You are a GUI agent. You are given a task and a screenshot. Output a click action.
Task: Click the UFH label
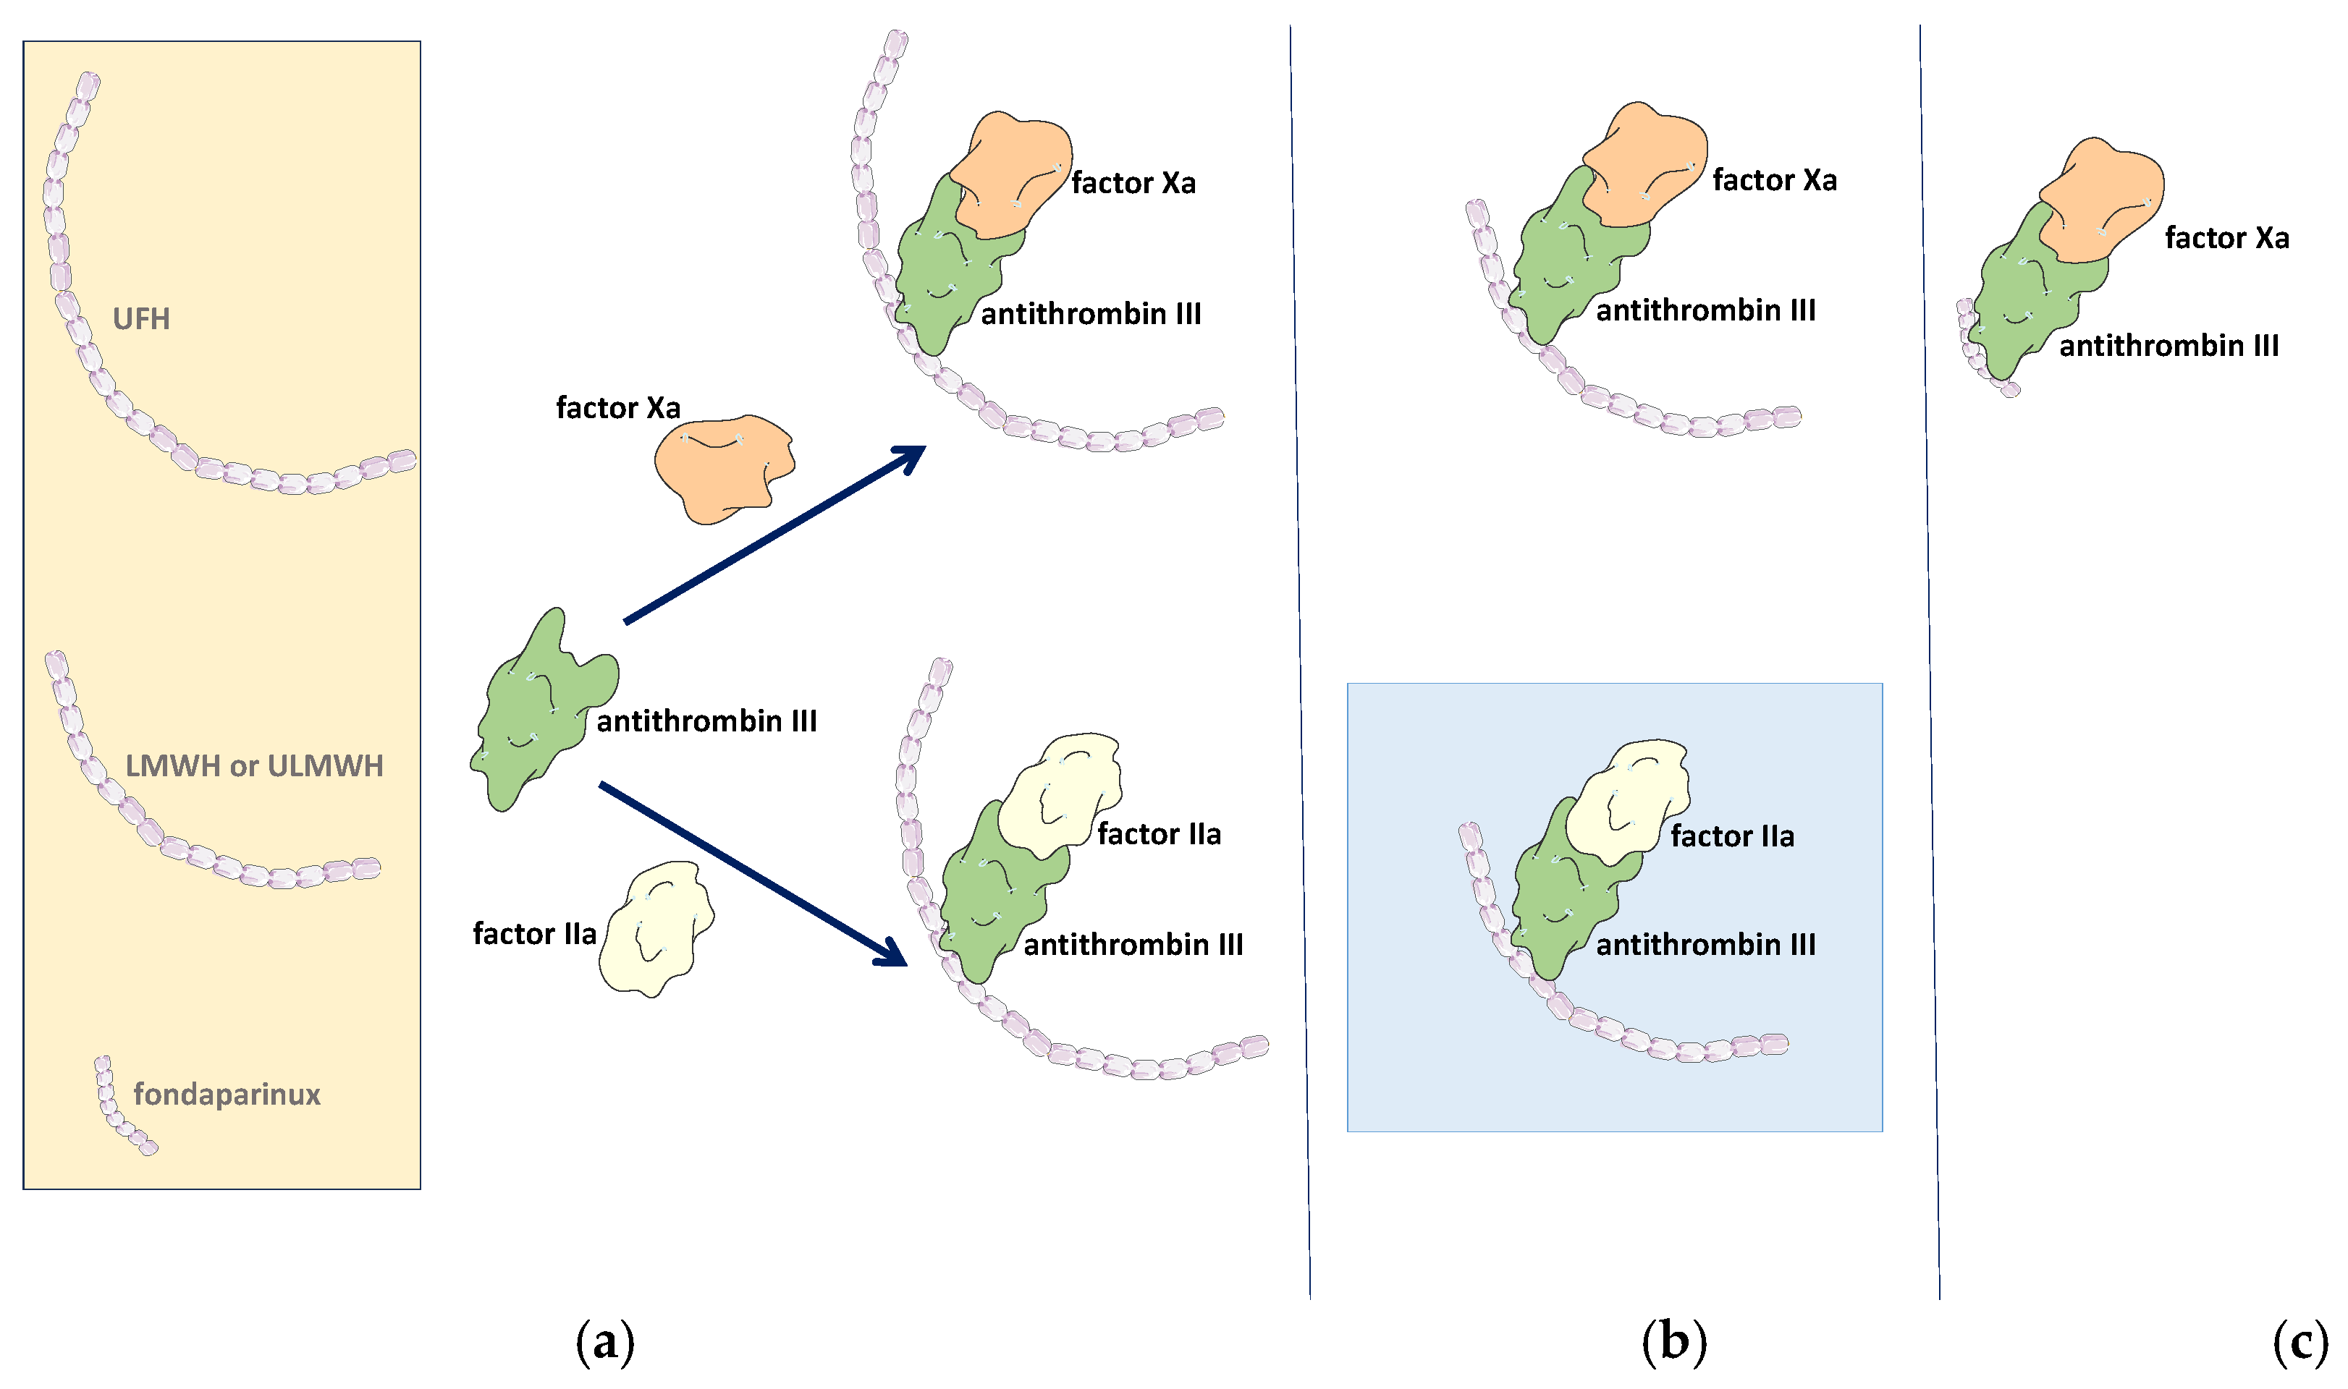pos(141,319)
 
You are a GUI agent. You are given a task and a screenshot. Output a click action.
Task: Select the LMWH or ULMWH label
pos(254,767)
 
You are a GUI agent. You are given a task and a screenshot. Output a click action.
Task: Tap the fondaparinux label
pos(227,1094)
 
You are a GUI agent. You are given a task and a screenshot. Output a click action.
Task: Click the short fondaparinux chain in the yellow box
pos(117,1109)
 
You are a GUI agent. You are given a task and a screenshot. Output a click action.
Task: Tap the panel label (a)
pos(605,1341)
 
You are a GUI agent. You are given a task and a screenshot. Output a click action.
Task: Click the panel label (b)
pos(1674,1341)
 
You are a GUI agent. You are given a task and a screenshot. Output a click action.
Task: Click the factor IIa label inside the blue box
pos(1732,836)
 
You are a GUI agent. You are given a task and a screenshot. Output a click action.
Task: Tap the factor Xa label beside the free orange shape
pos(618,408)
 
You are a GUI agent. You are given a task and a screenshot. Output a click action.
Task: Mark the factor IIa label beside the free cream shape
pos(535,934)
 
